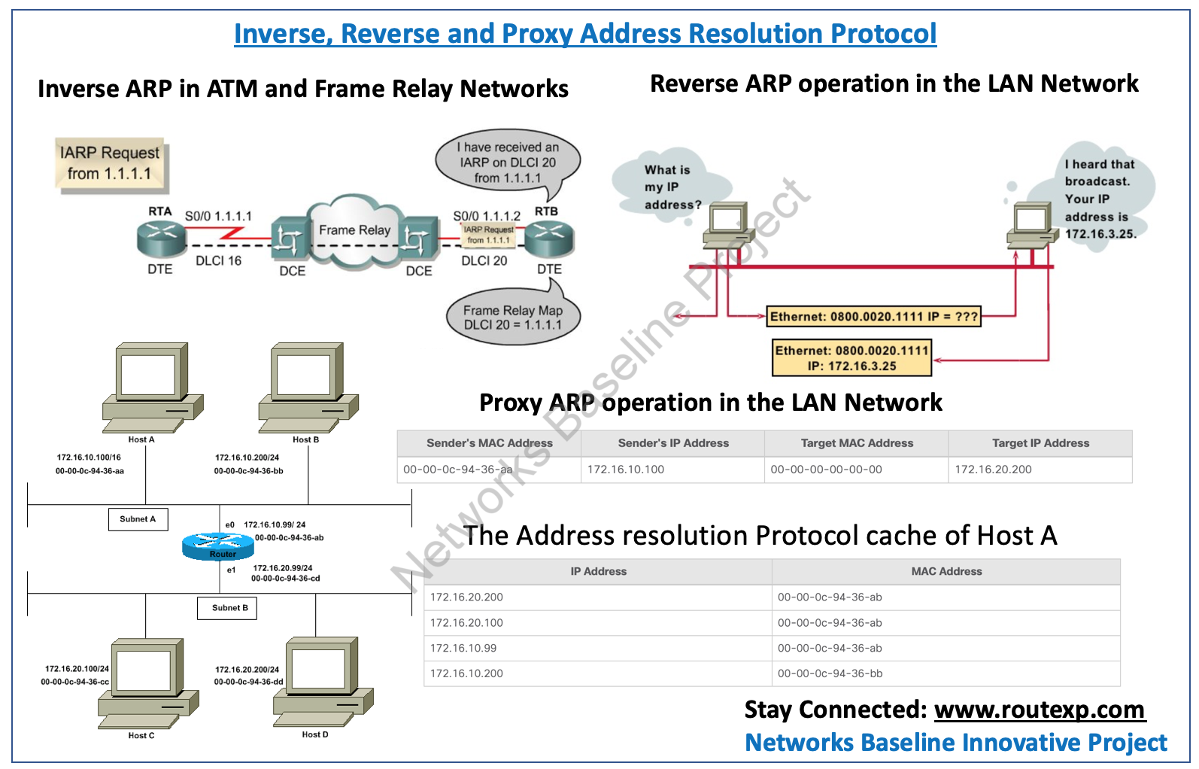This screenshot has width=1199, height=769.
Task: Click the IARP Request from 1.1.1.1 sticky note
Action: [x=111, y=163]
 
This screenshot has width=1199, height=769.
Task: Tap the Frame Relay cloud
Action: [x=354, y=231]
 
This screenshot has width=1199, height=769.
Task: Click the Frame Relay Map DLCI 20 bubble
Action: [x=512, y=318]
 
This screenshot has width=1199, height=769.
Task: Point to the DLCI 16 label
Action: [x=218, y=261]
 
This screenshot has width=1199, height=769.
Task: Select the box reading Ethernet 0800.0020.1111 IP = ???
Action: [x=873, y=317]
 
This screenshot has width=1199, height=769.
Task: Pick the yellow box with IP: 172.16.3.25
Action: [x=851, y=358]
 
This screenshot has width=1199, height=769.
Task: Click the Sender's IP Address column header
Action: [x=673, y=443]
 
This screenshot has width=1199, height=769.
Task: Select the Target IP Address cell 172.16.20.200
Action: [x=993, y=470]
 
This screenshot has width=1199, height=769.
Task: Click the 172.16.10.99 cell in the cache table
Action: [x=463, y=649]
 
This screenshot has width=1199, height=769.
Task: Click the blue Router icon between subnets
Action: [x=217, y=546]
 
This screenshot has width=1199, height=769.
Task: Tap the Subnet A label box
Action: [x=138, y=519]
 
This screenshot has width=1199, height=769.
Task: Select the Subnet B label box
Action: [x=229, y=608]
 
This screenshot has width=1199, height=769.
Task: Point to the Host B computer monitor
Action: [x=304, y=374]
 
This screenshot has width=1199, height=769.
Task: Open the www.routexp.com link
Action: [x=1039, y=710]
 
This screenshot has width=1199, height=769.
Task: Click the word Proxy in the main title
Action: [x=537, y=34]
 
